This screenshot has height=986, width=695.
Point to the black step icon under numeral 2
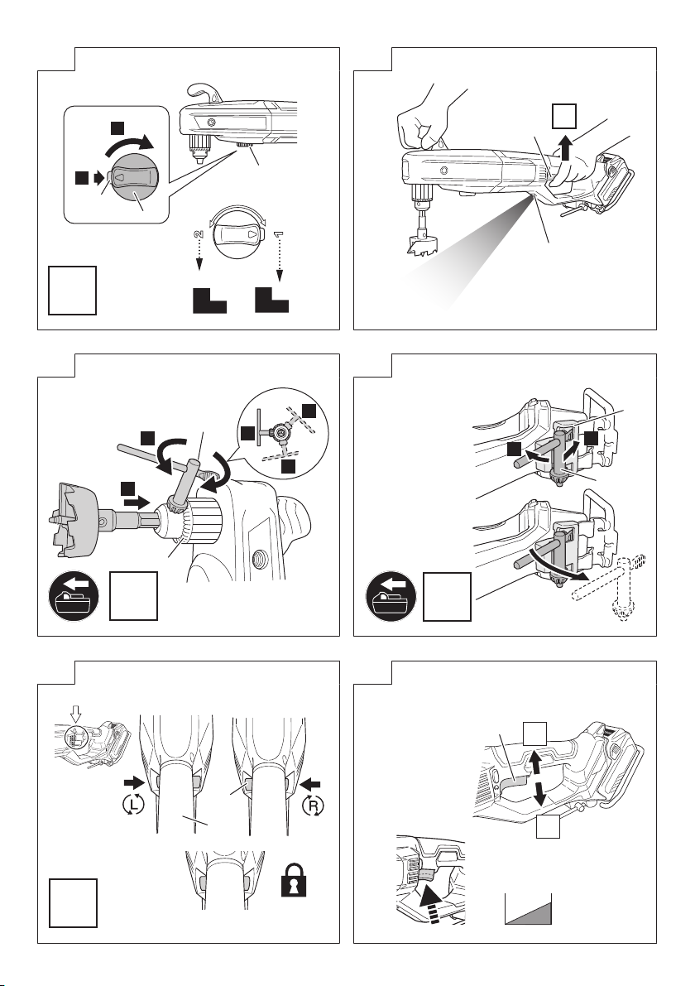208,299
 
